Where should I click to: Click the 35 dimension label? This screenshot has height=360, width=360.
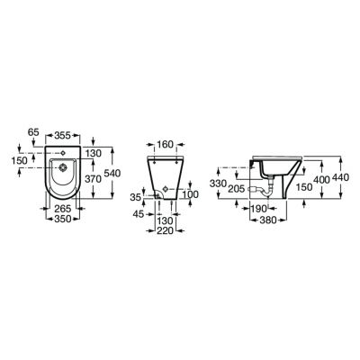(x=136, y=195)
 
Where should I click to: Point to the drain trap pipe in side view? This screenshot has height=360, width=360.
(x=265, y=188)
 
